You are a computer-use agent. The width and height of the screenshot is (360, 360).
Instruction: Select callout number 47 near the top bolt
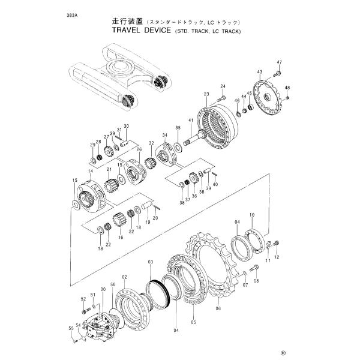tap(279, 63)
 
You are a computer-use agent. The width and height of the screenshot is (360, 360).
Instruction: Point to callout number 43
tap(260, 72)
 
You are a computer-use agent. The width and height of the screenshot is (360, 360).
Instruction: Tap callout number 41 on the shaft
tap(190, 122)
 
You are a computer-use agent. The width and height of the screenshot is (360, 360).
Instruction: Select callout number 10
tap(252, 215)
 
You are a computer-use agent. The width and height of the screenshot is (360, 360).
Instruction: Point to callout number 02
tap(124, 277)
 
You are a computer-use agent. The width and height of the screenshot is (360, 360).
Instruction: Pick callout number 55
tap(70, 329)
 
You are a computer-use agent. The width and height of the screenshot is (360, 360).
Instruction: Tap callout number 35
tap(178, 128)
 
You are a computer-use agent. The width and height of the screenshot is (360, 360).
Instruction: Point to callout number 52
tap(83, 298)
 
